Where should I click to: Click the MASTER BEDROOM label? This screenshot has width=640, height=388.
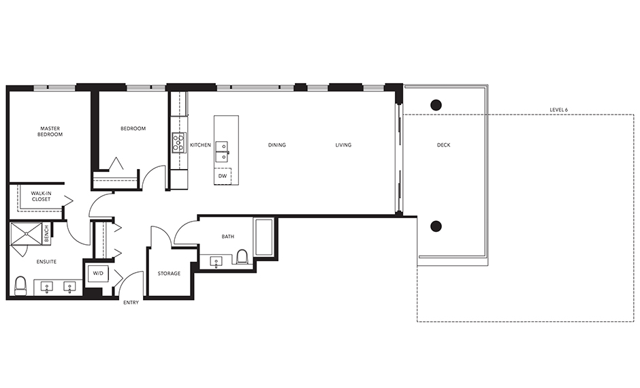50,131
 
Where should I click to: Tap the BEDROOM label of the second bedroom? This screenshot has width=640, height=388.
133,128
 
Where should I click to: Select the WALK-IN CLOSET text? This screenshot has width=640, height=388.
41,197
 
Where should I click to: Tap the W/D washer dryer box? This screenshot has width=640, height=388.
96,273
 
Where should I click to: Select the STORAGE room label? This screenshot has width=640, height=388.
169,273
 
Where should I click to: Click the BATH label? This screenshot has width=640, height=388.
227,237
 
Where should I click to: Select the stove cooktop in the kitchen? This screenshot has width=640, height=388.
178,143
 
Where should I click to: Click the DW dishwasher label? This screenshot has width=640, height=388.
222,176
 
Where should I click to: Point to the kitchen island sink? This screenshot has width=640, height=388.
222,150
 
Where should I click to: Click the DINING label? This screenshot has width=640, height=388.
276,145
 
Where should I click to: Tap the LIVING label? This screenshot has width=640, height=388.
343,145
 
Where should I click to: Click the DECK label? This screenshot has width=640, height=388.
443,145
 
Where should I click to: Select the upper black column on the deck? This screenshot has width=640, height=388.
436,105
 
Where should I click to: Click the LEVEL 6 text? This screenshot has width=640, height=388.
562,109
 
